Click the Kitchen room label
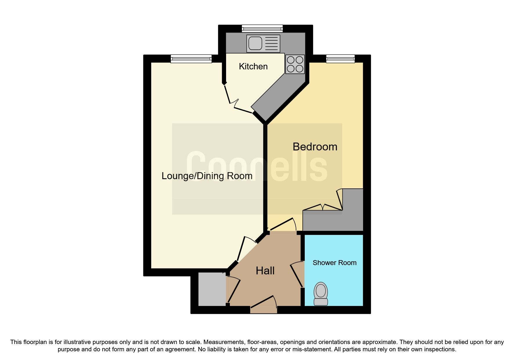coord(253,66)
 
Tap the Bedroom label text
coord(315,147)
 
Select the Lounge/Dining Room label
coord(207,176)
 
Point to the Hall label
coord(265,271)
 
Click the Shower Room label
coord(334,263)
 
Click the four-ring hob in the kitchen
coord(295,64)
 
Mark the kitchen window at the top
coord(262,28)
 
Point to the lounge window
coord(191,59)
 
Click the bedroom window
coord(340,59)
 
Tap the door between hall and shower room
coord(297,274)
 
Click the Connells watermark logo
coord(257,167)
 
